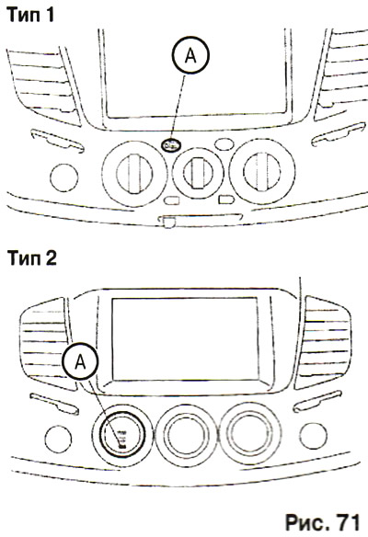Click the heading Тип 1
[x=30, y=15]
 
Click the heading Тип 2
[x=32, y=257]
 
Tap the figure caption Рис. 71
[x=322, y=522]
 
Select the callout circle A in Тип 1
[x=190, y=55]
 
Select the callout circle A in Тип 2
[x=80, y=361]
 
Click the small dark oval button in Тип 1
[x=171, y=145]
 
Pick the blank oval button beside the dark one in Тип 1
[x=224, y=144]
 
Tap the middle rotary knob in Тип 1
[x=198, y=173]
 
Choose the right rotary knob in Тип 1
[x=262, y=171]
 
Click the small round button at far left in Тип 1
[x=64, y=177]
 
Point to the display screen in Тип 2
[x=185, y=338]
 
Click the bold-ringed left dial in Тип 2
[x=122, y=435]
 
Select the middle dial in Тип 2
[x=186, y=435]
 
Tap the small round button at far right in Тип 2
[x=313, y=436]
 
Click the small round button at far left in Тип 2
[x=58, y=440]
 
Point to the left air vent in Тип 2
[x=46, y=344]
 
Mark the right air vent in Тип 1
[x=340, y=74]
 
